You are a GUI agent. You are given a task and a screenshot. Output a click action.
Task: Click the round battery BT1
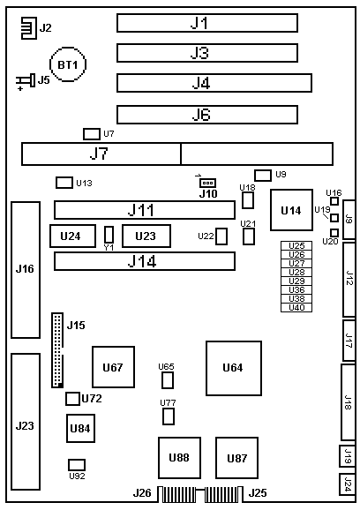tap(68, 64)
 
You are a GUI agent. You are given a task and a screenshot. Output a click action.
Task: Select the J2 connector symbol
tap(28, 28)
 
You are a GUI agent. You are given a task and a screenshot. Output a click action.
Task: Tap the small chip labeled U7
tap(92, 134)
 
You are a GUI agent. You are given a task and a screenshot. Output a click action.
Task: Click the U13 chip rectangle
tap(64, 183)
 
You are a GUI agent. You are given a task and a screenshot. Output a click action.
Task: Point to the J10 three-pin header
tap(208, 183)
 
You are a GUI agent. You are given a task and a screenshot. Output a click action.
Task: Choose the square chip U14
tap(291, 210)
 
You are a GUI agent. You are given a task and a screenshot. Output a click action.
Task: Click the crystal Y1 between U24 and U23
tap(109, 235)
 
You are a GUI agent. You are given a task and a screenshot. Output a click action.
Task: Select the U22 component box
tap(221, 236)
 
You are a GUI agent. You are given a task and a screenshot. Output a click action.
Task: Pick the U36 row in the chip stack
tap(296, 289)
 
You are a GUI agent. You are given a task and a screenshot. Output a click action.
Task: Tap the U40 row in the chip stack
tap(296, 308)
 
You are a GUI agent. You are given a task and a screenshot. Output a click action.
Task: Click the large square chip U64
tap(234, 368)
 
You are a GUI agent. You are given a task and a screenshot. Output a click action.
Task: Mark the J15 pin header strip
tap(57, 350)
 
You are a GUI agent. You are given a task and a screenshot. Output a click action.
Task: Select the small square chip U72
tap(72, 399)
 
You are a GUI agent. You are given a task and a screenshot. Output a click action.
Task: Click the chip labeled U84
tap(80, 428)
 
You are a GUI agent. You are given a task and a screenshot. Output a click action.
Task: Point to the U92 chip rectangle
tap(77, 465)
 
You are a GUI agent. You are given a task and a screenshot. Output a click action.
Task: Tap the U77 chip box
tap(169, 416)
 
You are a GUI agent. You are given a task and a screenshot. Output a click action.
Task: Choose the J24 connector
tap(347, 484)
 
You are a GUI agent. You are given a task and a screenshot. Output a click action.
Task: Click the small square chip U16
tap(334, 201)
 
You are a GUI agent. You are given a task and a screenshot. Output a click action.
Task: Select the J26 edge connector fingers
tap(177, 494)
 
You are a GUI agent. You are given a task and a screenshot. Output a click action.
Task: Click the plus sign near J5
tap(20, 88)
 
